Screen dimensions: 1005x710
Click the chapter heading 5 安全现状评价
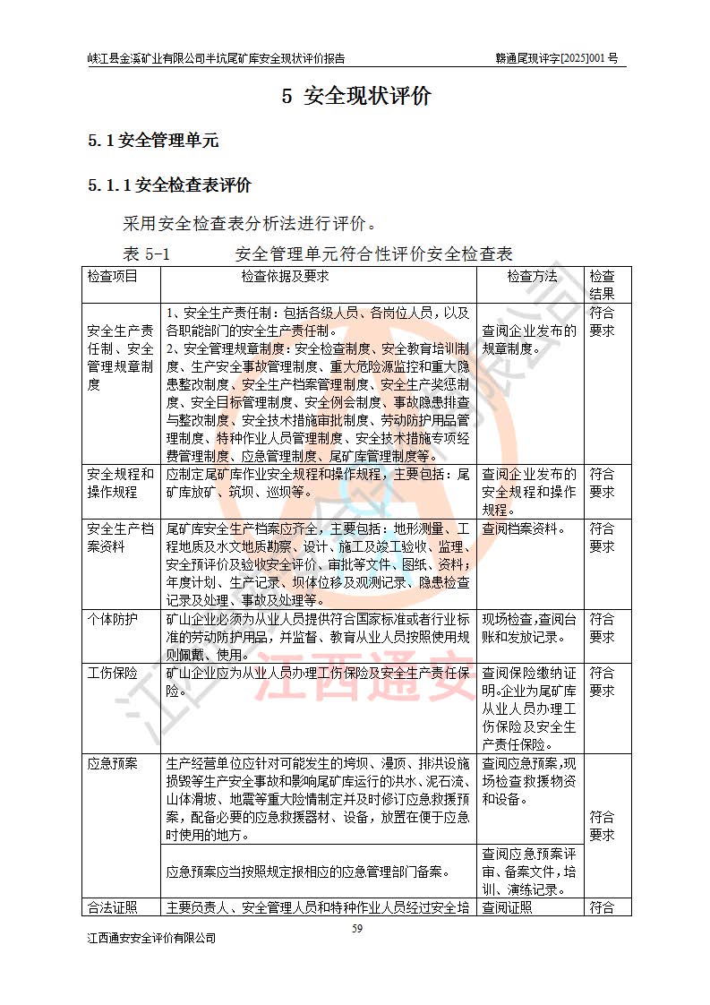pos(355,97)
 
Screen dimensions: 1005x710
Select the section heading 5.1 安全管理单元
pos(152,141)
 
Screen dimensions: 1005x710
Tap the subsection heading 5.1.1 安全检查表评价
pos(169,185)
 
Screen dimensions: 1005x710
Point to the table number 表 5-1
pos(145,253)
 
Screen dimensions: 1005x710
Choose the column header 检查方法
pos(531,277)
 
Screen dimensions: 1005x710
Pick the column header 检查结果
pos(601,285)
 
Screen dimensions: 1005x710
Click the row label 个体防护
pos(112,619)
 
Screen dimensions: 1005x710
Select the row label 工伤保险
pos(112,673)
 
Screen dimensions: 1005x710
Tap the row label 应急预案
pos(112,764)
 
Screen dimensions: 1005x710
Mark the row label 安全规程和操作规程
pos(120,483)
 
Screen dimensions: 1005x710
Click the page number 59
pos(356,929)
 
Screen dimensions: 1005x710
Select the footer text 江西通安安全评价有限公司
pos(151,939)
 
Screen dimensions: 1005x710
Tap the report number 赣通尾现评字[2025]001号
pos(557,59)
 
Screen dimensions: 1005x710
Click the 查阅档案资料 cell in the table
pos(524,528)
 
